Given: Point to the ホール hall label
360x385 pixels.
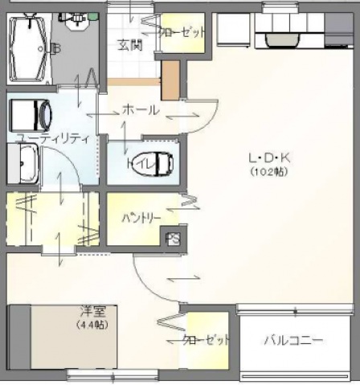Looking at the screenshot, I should [141, 110].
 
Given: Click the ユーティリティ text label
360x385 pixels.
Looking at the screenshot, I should [52, 138].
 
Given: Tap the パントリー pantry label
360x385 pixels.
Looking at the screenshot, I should [141, 218].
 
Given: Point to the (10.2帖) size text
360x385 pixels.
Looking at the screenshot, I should [268, 171].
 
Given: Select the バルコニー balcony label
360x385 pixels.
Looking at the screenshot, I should [294, 341].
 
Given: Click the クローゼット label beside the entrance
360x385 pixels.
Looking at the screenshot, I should [182, 33].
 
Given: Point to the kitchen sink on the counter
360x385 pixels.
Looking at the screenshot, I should [280, 36].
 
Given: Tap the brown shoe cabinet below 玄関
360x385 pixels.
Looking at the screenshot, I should [170, 80].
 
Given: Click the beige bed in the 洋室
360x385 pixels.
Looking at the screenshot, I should [60, 341].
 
